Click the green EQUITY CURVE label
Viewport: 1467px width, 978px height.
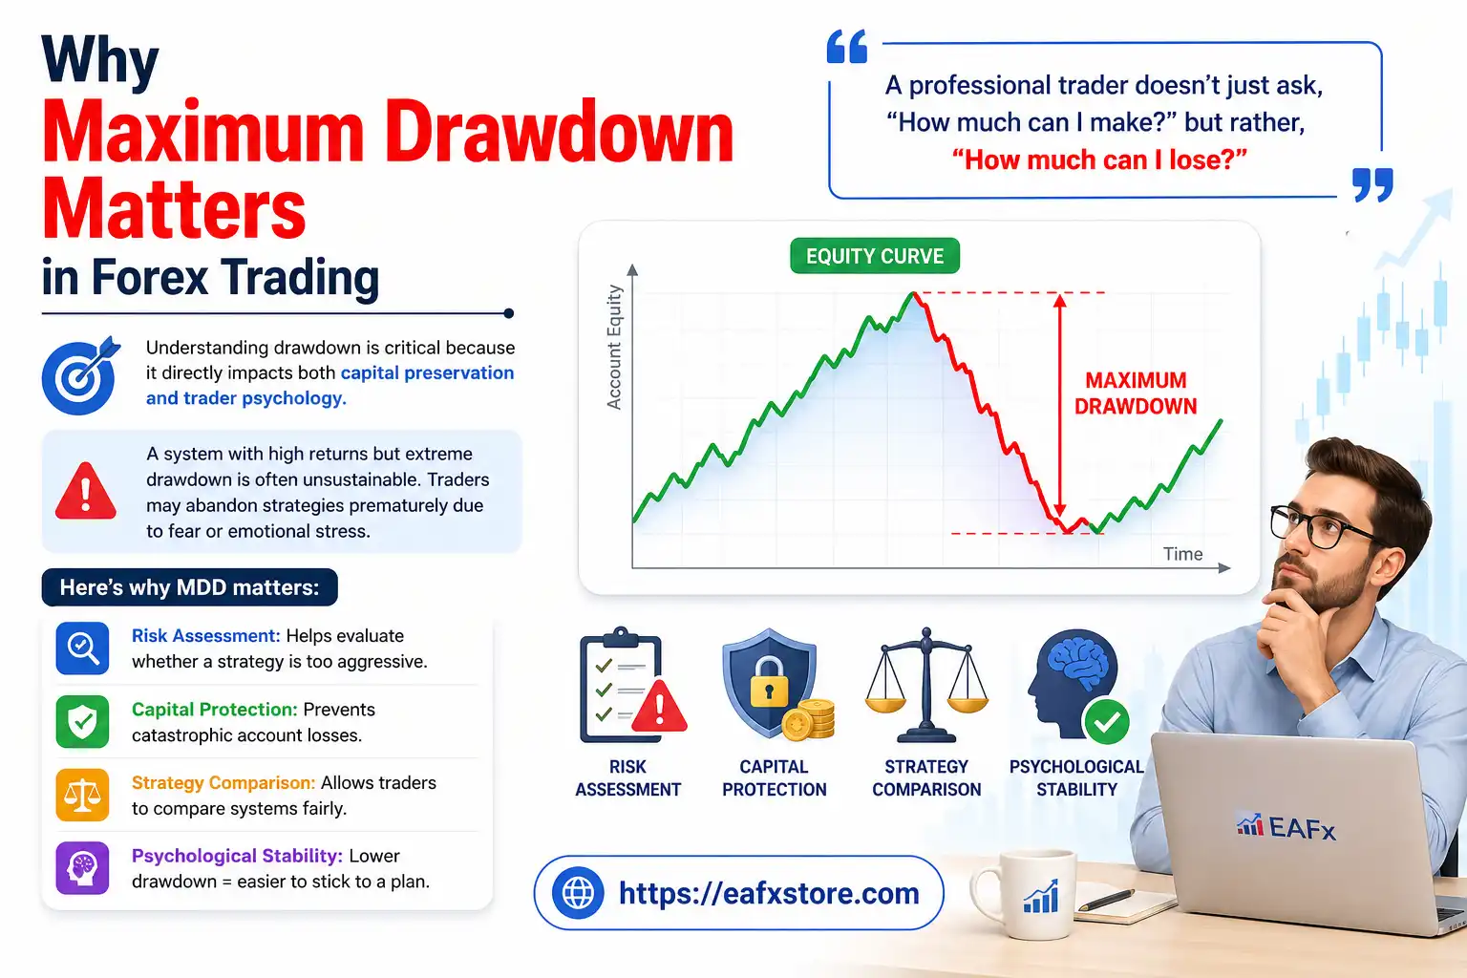(x=874, y=256)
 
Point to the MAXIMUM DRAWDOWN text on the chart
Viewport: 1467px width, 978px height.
(x=1135, y=393)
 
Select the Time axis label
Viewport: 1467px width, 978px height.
(x=1182, y=554)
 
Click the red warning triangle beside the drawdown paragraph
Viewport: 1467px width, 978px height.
(x=86, y=492)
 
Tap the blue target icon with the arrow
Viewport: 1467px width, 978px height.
(x=80, y=375)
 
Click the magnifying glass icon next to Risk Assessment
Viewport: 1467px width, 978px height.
(x=83, y=648)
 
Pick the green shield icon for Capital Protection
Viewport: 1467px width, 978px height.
(x=83, y=722)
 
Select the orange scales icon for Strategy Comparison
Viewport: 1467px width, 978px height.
(x=83, y=795)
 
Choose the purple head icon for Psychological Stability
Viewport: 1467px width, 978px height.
(x=83, y=868)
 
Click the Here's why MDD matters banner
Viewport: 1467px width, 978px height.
(x=189, y=587)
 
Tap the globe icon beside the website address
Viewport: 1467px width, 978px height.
(x=578, y=893)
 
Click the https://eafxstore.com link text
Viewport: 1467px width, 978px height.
(x=769, y=893)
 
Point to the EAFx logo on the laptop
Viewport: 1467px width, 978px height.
(x=1286, y=827)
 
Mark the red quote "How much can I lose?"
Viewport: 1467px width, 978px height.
(x=1099, y=159)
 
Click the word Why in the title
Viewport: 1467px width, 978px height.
(x=100, y=61)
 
